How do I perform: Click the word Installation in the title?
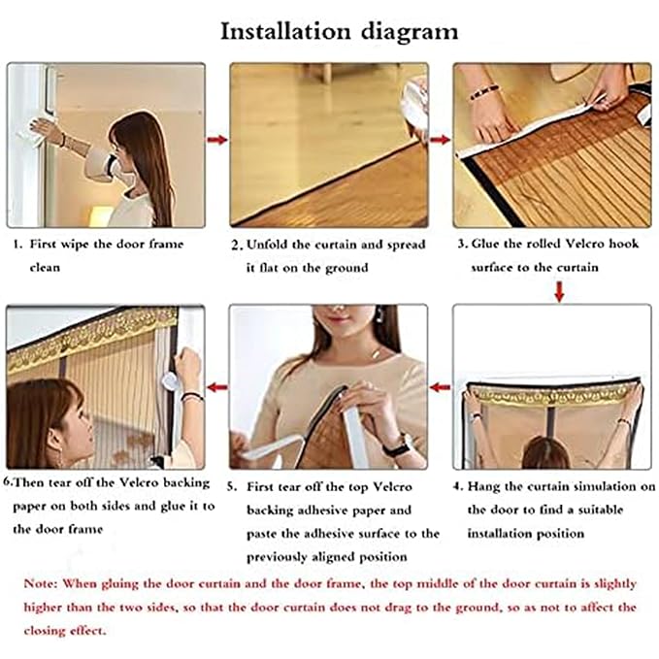click(x=280, y=31)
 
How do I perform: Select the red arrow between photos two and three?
click(x=440, y=140)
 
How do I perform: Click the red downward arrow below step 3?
click(x=560, y=290)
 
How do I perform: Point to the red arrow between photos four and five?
click(x=440, y=388)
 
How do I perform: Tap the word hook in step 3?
click(x=622, y=245)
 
